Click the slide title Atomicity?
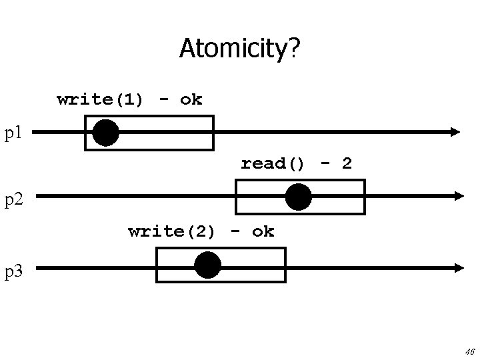pos(239,47)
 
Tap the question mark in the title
pos(294,47)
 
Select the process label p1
pos(14,133)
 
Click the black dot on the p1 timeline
pos(105,133)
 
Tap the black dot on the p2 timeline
pos(298,197)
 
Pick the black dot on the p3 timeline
pos(208,265)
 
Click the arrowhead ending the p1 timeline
pos(455,132)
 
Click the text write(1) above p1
pos(100,100)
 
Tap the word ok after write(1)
pos(191,100)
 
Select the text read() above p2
pos(273,164)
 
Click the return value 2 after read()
pos(347,164)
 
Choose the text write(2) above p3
pos(171,232)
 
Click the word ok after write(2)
pos(263,232)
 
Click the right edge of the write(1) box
pos(213,133)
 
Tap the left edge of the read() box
pos(237,197)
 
